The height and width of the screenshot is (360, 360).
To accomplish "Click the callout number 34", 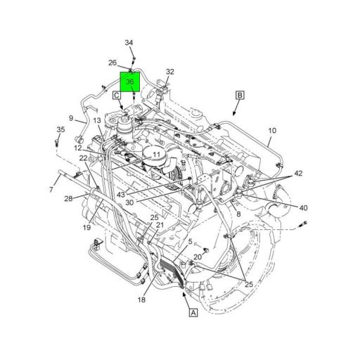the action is [x=129, y=43].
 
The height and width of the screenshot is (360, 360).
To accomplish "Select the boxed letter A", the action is [x=193, y=313].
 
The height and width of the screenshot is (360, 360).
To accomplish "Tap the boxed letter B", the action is [x=240, y=95].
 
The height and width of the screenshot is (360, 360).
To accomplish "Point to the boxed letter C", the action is [x=117, y=96].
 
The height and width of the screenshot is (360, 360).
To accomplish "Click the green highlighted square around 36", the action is [x=130, y=82].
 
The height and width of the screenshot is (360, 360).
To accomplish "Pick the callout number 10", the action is [x=272, y=131].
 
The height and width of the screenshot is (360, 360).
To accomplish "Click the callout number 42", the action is [x=298, y=173].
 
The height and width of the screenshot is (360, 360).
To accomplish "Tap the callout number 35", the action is [x=60, y=129].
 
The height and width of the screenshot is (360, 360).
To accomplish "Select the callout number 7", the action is [x=51, y=189].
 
